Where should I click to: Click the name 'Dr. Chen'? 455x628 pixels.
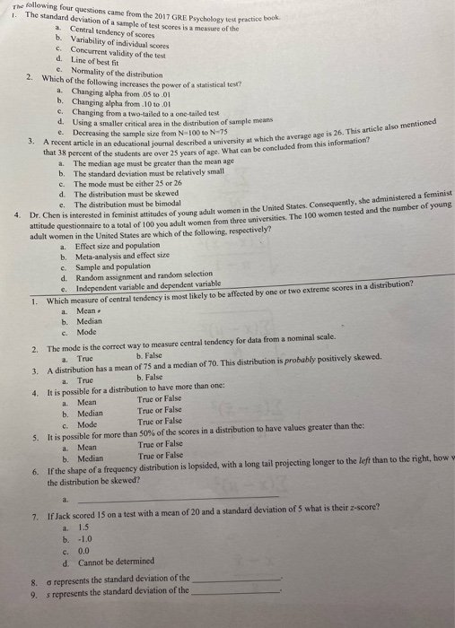tap(43, 215)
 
